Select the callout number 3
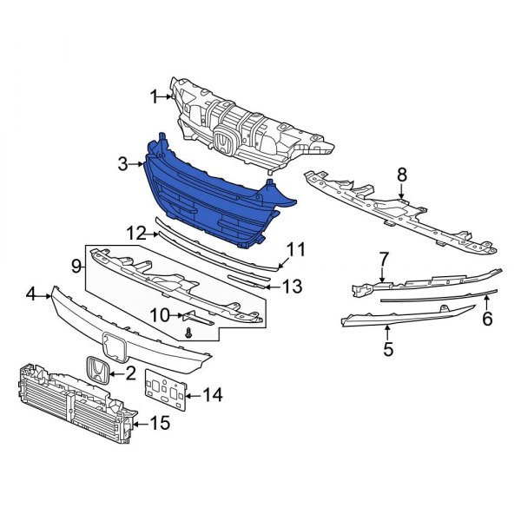[x=124, y=162]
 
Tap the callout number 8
[x=402, y=175]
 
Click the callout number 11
[x=297, y=250]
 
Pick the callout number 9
[x=76, y=265]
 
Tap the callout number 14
[x=212, y=396]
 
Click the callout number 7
[x=382, y=258]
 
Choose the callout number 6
[x=487, y=319]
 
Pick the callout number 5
[x=387, y=349]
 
